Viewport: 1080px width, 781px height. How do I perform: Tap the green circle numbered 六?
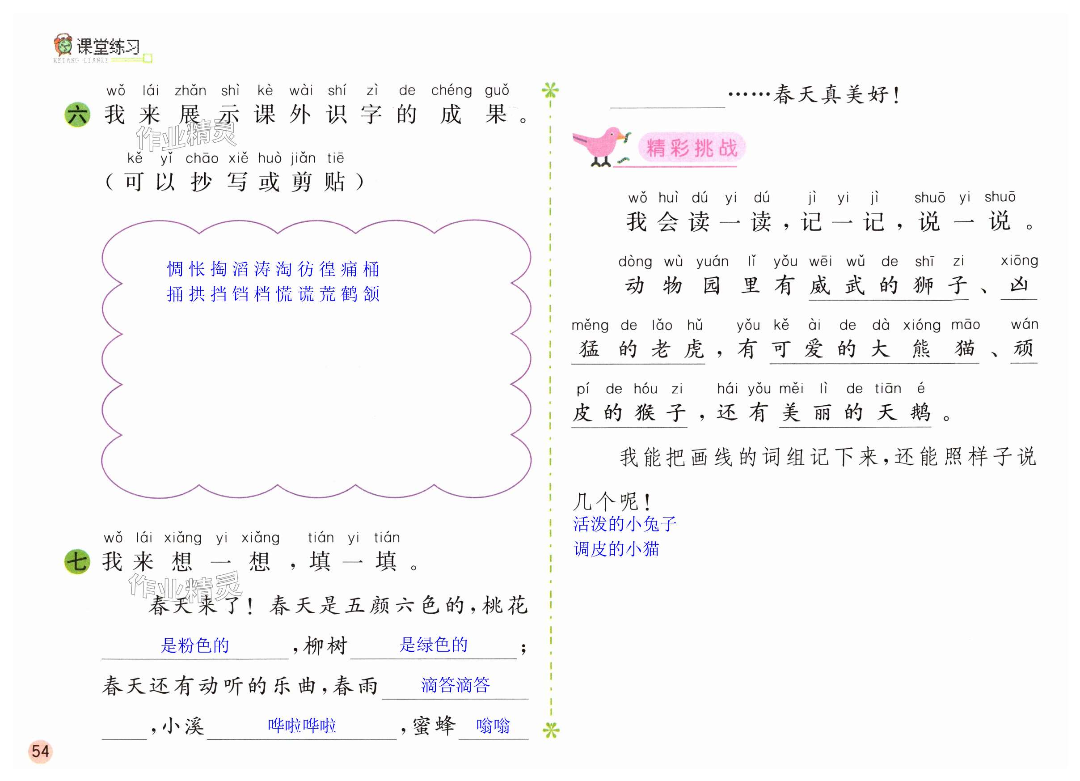pyautogui.click(x=77, y=115)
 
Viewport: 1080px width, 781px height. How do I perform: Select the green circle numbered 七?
pyautogui.click(x=77, y=561)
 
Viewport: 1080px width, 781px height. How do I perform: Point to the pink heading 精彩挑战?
pyautogui.click(x=692, y=148)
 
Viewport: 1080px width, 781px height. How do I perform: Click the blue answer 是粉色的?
pyautogui.click(x=195, y=645)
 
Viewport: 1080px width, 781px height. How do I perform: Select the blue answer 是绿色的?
pyautogui.click(x=433, y=645)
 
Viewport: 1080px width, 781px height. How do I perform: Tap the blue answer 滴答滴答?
pyautogui.click(x=455, y=685)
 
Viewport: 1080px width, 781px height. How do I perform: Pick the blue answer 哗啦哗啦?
pyautogui.click(x=302, y=725)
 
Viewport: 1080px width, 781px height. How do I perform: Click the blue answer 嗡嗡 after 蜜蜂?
pyautogui.click(x=493, y=725)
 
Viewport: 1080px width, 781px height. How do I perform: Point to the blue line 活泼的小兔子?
pyautogui.click(x=624, y=524)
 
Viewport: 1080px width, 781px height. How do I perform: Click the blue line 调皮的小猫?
pyautogui.click(x=616, y=549)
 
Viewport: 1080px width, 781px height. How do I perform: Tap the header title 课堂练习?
pyautogui.click(x=109, y=47)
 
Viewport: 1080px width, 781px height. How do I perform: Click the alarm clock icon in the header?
pyautogui.click(x=63, y=45)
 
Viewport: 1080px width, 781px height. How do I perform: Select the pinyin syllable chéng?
pyautogui.click(x=451, y=90)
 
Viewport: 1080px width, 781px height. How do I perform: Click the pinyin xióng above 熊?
pyautogui.click(x=922, y=325)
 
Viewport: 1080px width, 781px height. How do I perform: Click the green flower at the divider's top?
pyautogui.click(x=550, y=89)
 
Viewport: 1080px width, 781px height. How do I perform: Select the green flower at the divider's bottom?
pyautogui.click(x=551, y=730)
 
